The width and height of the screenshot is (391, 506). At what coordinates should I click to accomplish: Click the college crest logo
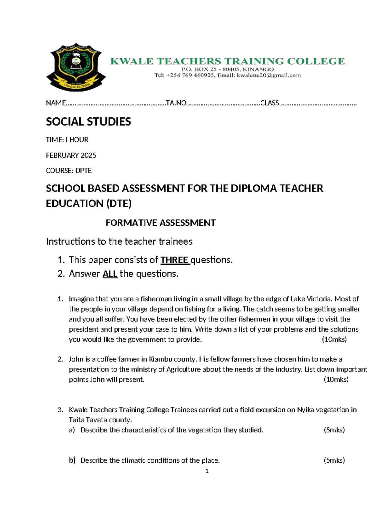click(76, 67)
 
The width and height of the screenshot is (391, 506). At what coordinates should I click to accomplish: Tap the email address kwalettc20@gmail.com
click(269, 76)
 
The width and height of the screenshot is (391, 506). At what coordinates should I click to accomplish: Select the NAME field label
click(56, 103)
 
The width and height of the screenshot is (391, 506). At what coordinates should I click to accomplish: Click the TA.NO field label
click(176, 103)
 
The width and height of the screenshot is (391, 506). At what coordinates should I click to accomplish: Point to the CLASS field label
click(269, 103)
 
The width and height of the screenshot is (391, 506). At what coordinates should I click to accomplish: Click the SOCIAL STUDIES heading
click(88, 122)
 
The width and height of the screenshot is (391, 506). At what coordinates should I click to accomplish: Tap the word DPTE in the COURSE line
click(83, 171)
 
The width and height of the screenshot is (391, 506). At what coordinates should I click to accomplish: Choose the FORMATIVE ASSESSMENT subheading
click(160, 223)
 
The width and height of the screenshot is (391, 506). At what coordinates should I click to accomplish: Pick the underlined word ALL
click(110, 274)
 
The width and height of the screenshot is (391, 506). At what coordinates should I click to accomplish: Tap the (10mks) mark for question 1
click(334, 340)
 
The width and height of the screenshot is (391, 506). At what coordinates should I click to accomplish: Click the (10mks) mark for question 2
click(336, 380)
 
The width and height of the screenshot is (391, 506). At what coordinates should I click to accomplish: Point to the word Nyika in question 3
click(305, 410)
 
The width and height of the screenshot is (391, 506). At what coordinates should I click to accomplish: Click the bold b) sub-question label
click(72, 460)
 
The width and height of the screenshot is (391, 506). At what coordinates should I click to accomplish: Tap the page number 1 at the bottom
click(207, 471)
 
